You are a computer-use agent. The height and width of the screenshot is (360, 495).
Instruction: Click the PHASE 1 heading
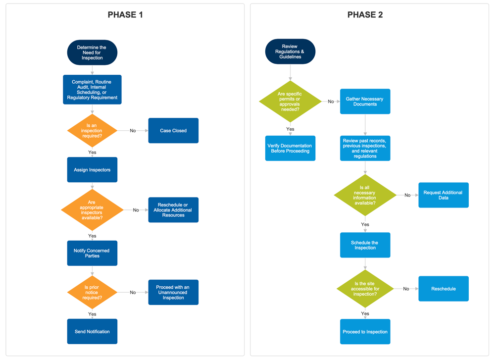[125, 15]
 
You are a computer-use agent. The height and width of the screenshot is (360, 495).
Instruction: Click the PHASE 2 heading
[365, 15]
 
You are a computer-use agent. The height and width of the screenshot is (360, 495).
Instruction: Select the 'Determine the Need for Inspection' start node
[92, 52]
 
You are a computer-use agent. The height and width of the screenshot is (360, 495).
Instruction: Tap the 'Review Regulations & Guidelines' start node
[290, 51]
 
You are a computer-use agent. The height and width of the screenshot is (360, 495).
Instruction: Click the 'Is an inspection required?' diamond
[92, 131]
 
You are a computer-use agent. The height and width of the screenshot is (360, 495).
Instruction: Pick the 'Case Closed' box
[173, 131]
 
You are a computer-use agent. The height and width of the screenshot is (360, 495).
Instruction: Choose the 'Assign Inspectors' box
[92, 170]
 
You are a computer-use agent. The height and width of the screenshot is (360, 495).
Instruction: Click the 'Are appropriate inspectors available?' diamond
[92, 210]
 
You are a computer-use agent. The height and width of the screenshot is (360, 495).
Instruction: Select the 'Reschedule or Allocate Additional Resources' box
[173, 210]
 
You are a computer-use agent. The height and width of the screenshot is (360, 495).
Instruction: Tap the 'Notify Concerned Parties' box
[92, 253]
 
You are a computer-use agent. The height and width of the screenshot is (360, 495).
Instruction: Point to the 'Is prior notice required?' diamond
[92, 292]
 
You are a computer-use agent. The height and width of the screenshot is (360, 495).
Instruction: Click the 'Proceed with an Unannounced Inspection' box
[173, 292]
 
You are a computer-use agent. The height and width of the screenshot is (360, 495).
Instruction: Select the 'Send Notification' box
[92, 331]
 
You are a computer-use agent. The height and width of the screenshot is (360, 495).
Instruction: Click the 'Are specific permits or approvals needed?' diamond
[290, 102]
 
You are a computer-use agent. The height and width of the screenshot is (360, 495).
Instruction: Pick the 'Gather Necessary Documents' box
[365, 102]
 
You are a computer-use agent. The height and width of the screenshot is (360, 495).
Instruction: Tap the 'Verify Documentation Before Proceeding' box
[290, 148]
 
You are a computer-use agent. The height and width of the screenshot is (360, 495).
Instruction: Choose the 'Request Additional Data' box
[443, 195]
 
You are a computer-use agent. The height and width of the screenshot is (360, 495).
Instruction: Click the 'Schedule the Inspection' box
[365, 245]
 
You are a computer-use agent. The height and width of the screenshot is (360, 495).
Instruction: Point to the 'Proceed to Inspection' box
[365, 331]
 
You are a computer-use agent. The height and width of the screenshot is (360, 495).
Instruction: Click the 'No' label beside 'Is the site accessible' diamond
[406, 289]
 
